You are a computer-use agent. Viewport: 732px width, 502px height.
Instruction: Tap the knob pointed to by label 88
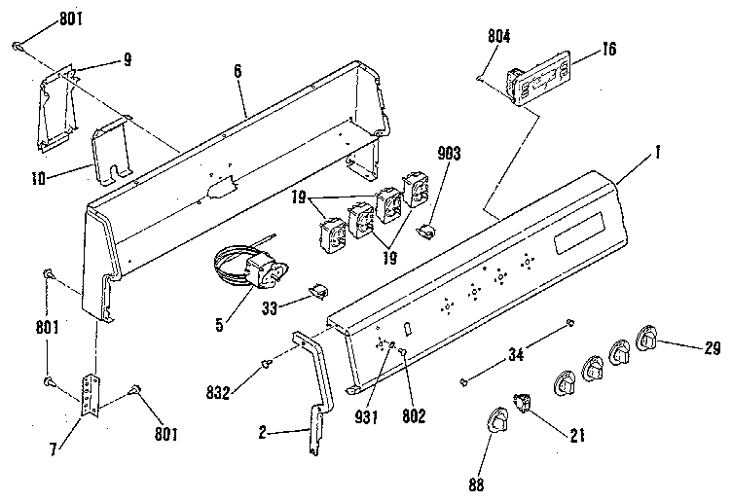[496, 422]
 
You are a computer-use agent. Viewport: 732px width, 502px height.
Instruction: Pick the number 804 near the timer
[497, 39]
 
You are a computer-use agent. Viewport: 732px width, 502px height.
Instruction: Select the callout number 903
[450, 155]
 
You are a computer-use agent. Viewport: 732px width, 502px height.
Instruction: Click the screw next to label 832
[265, 364]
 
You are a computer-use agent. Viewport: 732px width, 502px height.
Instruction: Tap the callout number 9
[127, 59]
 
